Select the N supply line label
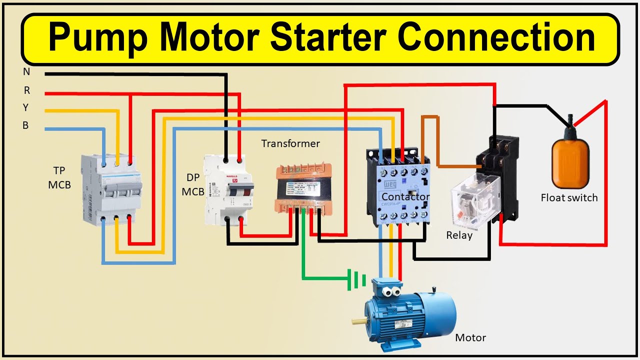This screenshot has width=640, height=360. point(26,72)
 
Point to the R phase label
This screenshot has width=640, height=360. point(26,90)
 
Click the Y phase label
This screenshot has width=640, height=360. point(26,108)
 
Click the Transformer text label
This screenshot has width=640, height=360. point(290,144)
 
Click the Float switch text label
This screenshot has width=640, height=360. point(569,198)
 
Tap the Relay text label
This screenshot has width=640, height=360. point(459,235)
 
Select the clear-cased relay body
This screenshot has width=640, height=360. point(474,200)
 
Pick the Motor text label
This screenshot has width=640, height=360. point(470,338)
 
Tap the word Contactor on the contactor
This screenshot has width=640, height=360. point(405,197)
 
